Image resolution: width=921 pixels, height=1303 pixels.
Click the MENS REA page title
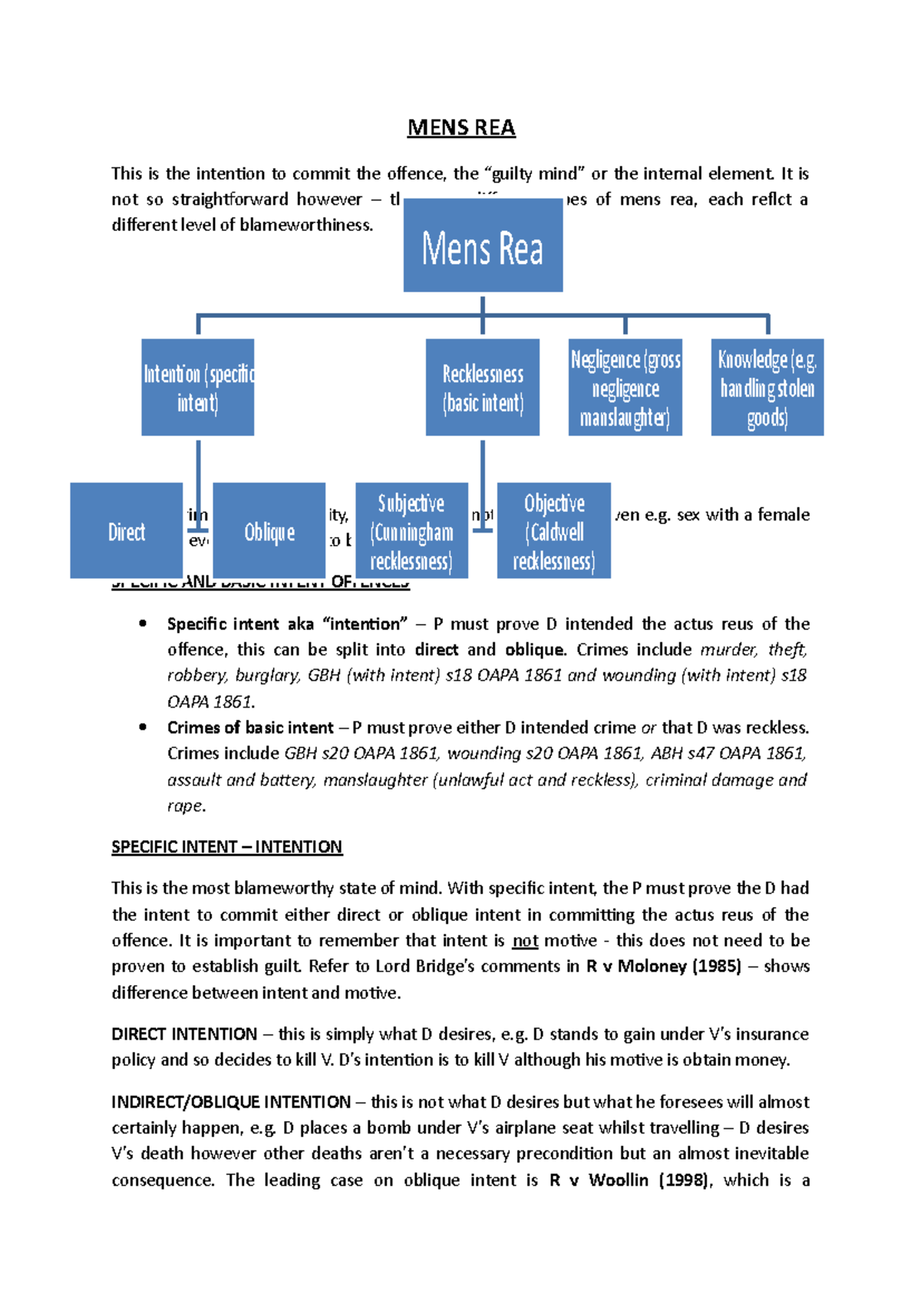(460, 127)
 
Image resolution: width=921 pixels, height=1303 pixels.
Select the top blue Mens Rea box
(483, 246)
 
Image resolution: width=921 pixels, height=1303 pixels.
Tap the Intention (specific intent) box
(198, 388)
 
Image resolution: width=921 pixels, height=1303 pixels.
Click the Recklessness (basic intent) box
(483, 388)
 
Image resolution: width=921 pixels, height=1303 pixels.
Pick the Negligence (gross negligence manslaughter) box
(626, 388)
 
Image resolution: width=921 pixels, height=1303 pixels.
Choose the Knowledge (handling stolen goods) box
(767, 388)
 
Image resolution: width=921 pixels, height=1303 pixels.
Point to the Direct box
(127, 531)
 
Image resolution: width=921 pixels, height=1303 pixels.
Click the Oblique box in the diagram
(269, 531)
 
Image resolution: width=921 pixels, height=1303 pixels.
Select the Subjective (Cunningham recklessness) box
(411, 531)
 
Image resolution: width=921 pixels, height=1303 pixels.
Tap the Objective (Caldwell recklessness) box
(554, 531)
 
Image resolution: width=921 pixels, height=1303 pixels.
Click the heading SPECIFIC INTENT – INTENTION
(226, 847)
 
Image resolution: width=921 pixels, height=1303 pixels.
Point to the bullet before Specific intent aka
(143, 624)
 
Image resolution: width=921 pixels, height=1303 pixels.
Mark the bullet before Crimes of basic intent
(143, 727)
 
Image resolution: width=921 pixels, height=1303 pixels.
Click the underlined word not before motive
(525, 941)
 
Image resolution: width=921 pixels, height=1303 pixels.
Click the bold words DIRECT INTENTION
(184, 1034)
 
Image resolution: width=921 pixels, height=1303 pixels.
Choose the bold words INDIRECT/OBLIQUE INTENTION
(231, 1102)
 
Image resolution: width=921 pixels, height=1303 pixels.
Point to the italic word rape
(185, 807)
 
